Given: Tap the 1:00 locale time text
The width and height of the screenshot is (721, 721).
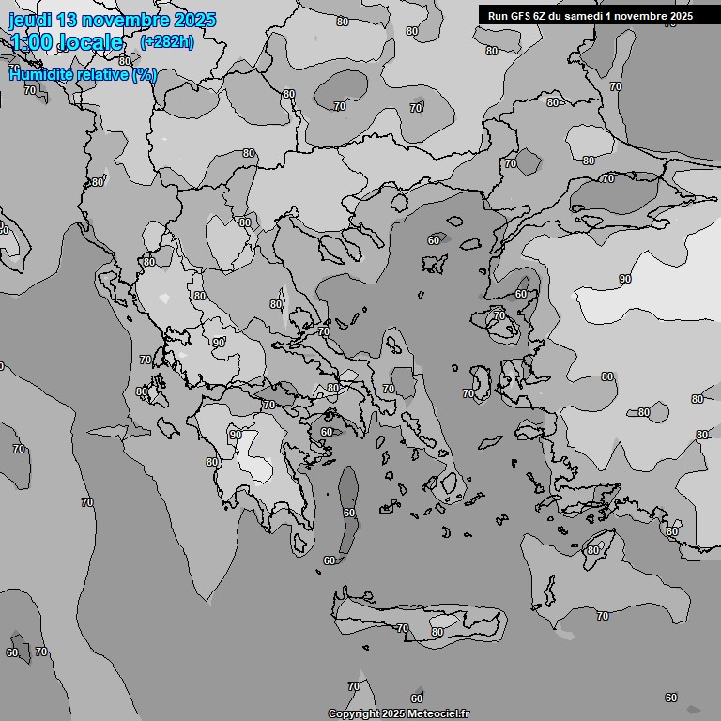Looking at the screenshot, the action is click(67, 42).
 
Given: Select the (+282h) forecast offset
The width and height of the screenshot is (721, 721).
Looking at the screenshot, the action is click(166, 42).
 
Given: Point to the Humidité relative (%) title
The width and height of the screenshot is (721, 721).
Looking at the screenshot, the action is click(83, 74).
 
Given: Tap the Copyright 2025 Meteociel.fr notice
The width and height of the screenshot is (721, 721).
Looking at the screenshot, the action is click(398, 713).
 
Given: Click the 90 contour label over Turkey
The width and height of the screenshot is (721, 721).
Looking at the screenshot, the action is click(625, 279).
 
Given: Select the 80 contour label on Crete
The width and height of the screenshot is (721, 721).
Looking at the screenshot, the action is click(437, 632).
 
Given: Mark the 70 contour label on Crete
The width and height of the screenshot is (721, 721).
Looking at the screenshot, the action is click(403, 628).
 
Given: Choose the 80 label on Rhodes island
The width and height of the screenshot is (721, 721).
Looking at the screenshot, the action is click(592, 549).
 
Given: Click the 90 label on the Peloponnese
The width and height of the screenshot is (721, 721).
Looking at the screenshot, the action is click(235, 435).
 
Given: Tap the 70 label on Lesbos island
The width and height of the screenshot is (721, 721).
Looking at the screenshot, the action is click(499, 315).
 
